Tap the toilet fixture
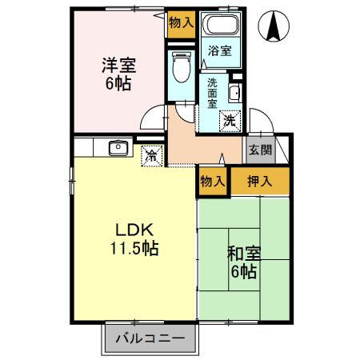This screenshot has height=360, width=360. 181,66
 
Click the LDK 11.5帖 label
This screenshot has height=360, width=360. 133,238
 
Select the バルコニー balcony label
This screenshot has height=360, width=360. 149,338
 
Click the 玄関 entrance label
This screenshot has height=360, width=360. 259,150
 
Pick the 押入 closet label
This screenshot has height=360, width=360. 259,182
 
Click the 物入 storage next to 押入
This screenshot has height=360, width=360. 212,182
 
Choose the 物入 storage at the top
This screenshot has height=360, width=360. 181,23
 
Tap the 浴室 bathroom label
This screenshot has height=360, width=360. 219,50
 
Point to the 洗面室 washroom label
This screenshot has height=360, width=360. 212,92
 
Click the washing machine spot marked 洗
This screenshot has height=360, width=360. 230,122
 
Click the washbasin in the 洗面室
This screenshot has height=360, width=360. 234,94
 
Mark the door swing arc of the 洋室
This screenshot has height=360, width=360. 151,121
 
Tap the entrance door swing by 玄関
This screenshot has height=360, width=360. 260,120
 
